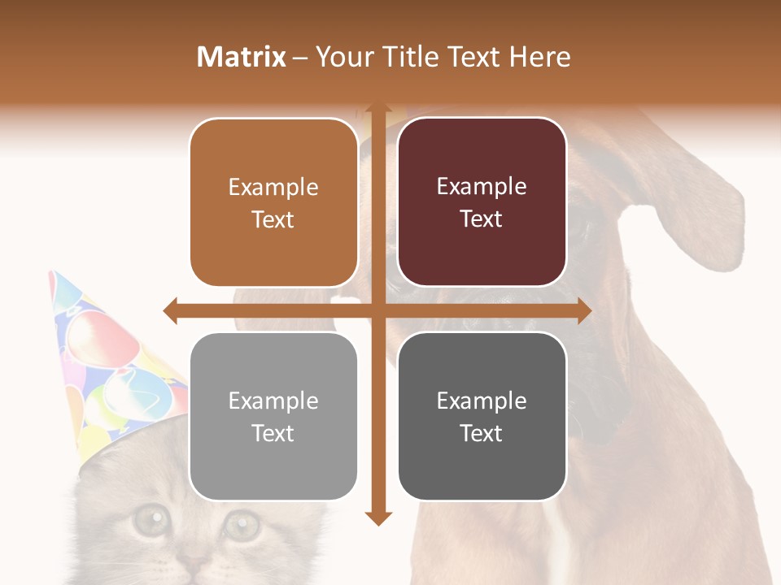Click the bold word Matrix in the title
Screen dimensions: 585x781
pyautogui.click(x=242, y=57)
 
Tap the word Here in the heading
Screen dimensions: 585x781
pyautogui.click(x=539, y=57)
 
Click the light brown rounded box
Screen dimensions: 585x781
pyautogui.click(x=273, y=203)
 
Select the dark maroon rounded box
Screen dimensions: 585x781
pyautogui.click(x=482, y=202)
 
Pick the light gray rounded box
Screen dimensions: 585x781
pyautogui.click(x=273, y=417)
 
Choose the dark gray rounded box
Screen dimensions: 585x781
pyautogui.click(x=482, y=417)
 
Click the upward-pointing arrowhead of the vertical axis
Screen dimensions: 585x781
pyautogui.click(x=377, y=109)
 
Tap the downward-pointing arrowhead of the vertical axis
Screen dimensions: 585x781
pyautogui.click(x=377, y=518)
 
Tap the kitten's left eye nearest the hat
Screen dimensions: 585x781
pyautogui.click(x=149, y=520)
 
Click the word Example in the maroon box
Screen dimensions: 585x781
pyautogui.click(x=482, y=186)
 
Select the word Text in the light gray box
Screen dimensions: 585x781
pyautogui.click(x=273, y=433)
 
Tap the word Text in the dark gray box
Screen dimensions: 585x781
pyautogui.click(x=482, y=433)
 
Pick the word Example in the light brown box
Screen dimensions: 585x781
pyautogui.click(x=273, y=187)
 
